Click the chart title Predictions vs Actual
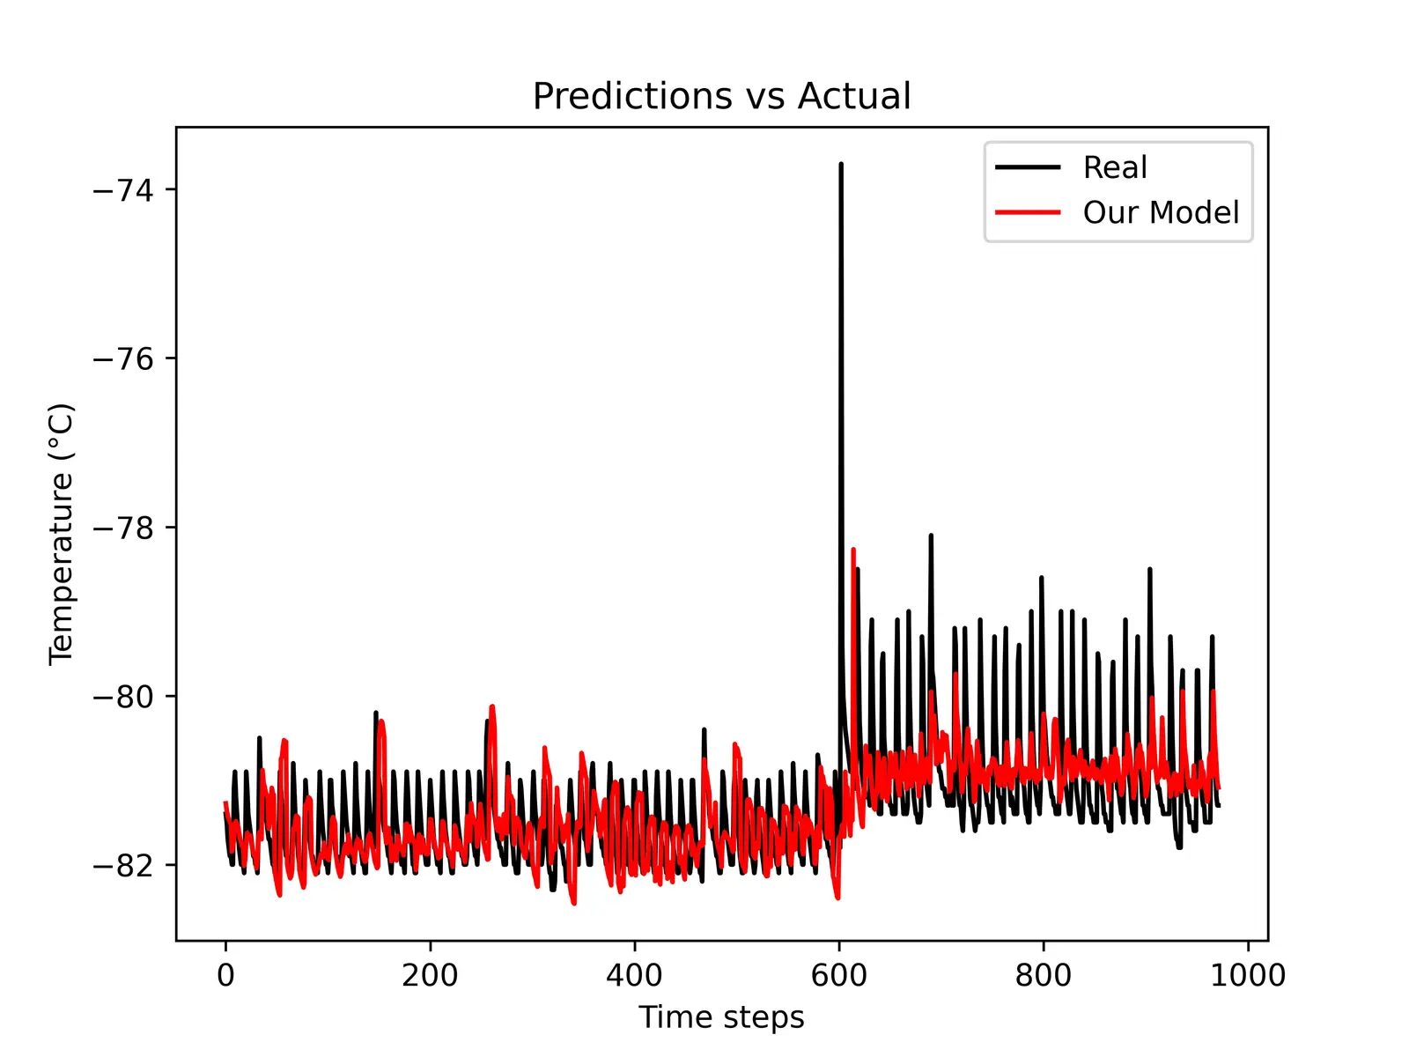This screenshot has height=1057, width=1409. [x=721, y=96]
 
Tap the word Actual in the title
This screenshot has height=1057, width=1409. [x=854, y=96]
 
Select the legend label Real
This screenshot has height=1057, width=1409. [x=1115, y=167]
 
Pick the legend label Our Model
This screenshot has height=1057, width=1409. [x=1161, y=212]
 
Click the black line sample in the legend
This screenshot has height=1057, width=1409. [x=1028, y=167]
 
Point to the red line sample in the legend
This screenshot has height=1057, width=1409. [x=1028, y=212]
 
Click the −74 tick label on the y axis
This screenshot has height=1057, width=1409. [x=122, y=190]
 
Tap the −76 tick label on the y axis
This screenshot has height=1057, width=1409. [x=122, y=359]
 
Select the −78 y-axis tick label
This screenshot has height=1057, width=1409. [x=122, y=528]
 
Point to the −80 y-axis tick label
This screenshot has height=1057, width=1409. [x=122, y=698]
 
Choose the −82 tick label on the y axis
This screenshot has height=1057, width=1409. [x=122, y=866]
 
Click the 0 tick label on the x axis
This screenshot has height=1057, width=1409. [x=225, y=975]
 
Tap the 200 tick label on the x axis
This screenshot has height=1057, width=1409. [x=430, y=975]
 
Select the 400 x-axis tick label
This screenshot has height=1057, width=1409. [x=634, y=975]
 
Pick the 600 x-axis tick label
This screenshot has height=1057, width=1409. [x=838, y=975]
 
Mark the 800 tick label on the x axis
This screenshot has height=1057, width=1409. [x=1043, y=975]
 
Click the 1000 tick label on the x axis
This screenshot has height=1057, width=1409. [x=1247, y=975]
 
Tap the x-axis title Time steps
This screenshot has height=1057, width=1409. [x=721, y=1017]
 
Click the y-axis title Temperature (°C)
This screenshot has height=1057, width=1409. [x=62, y=534]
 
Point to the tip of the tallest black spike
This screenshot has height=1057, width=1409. [x=841, y=164]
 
